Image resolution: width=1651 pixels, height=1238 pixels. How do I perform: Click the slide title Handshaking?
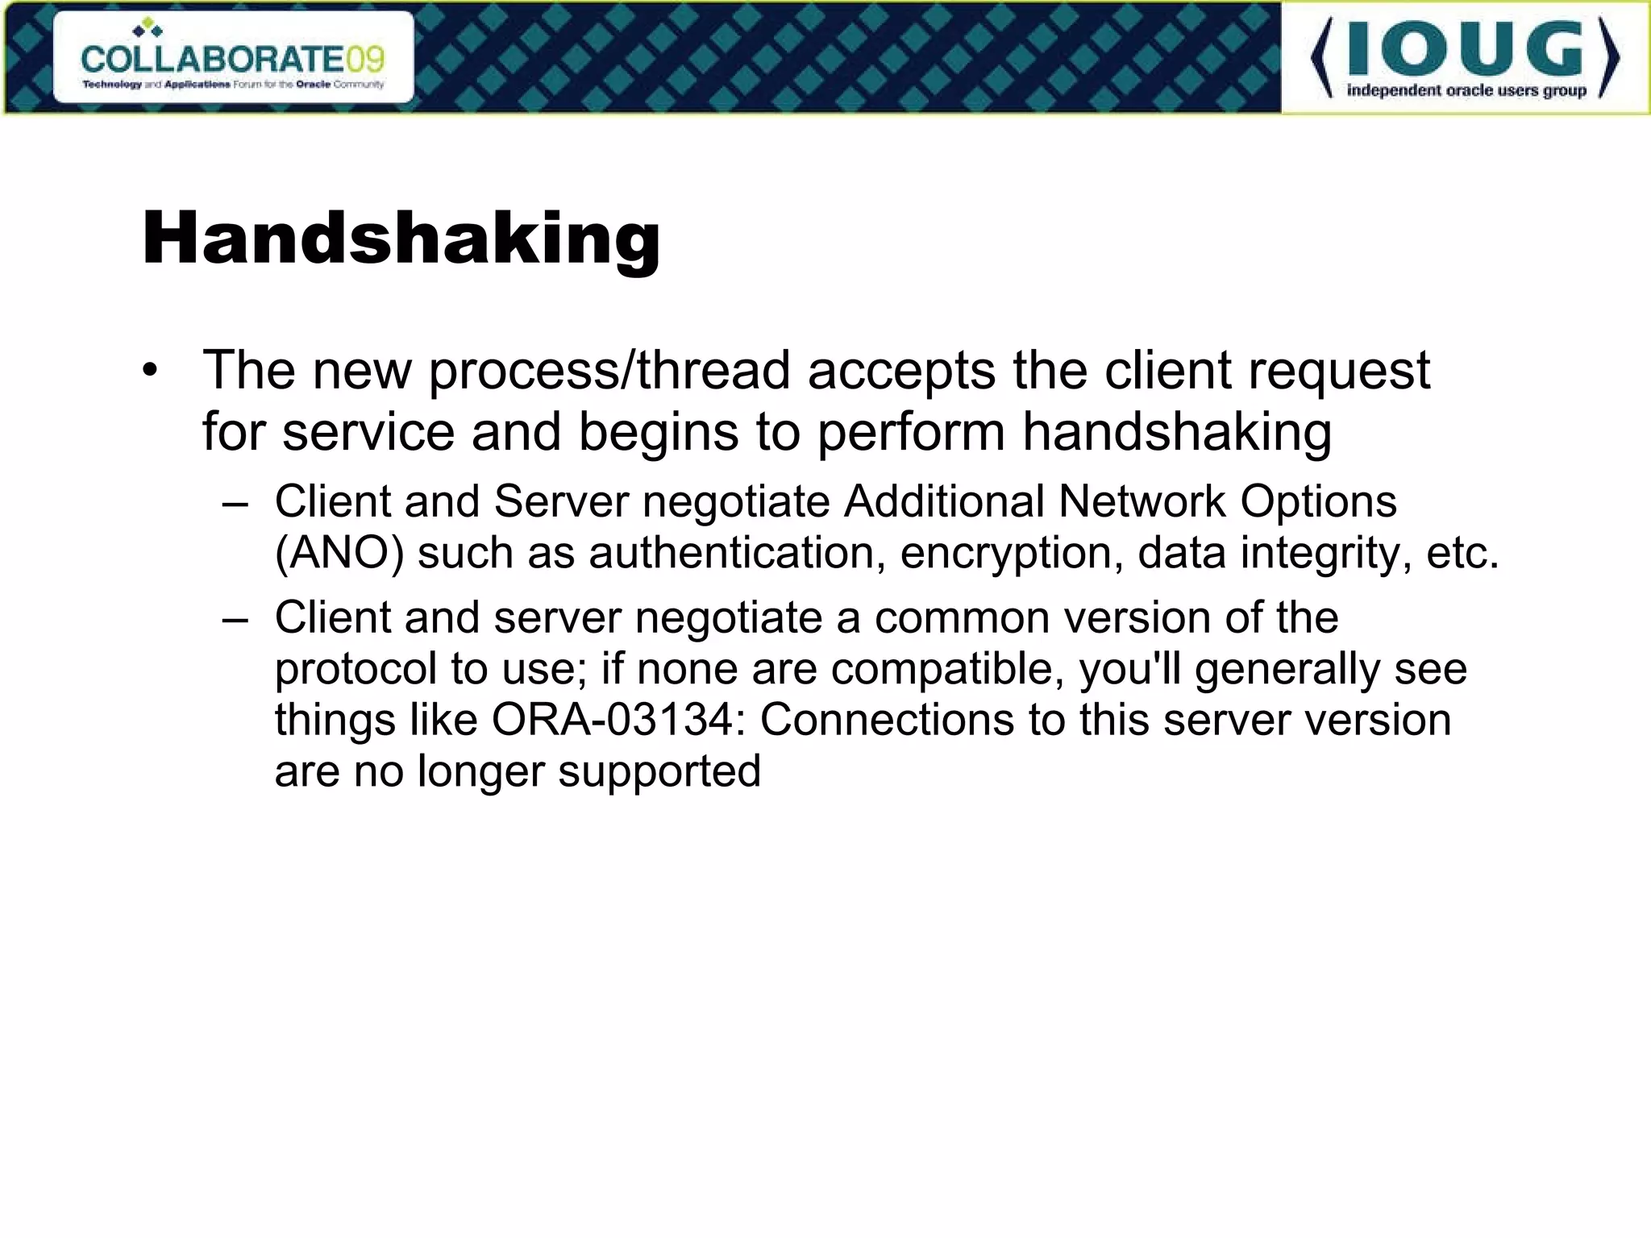401,239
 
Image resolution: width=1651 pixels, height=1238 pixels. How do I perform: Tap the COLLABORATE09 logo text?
233,58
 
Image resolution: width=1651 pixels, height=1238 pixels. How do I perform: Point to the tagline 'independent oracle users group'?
1466,90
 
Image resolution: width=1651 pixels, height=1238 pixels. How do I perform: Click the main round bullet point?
150,371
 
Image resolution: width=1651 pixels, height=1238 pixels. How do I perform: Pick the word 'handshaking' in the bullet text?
1176,432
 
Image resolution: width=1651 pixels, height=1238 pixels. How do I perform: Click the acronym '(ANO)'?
339,554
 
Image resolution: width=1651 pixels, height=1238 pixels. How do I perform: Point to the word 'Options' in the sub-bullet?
1317,501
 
